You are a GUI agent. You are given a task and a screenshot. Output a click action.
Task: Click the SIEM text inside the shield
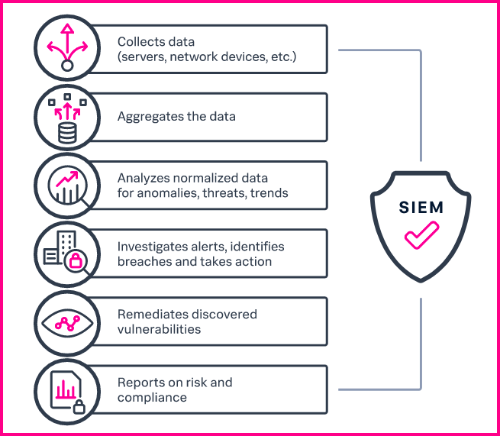coord(421,208)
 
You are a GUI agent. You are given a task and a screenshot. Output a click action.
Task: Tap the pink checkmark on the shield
coord(421,235)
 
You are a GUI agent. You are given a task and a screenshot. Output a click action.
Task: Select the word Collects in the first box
coord(138,42)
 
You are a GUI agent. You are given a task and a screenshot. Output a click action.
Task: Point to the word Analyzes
coord(144,178)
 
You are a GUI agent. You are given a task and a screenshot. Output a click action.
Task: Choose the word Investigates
coord(152,247)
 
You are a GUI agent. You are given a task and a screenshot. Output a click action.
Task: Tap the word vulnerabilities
coord(159,329)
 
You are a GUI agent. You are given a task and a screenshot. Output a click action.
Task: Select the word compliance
coord(152,398)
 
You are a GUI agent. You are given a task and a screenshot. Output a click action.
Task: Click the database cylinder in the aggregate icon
coord(67,134)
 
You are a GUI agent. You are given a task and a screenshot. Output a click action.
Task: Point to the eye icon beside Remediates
coord(67,323)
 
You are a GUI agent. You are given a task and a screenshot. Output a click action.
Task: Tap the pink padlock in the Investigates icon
coord(76,260)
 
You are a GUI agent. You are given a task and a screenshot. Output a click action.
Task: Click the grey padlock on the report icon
coord(79,407)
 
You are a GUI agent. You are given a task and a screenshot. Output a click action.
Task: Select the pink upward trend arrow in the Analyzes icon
coord(67,178)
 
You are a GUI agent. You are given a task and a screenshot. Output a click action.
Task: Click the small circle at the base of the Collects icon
coord(67,66)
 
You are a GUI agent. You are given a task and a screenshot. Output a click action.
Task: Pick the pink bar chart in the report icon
coord(66,389)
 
